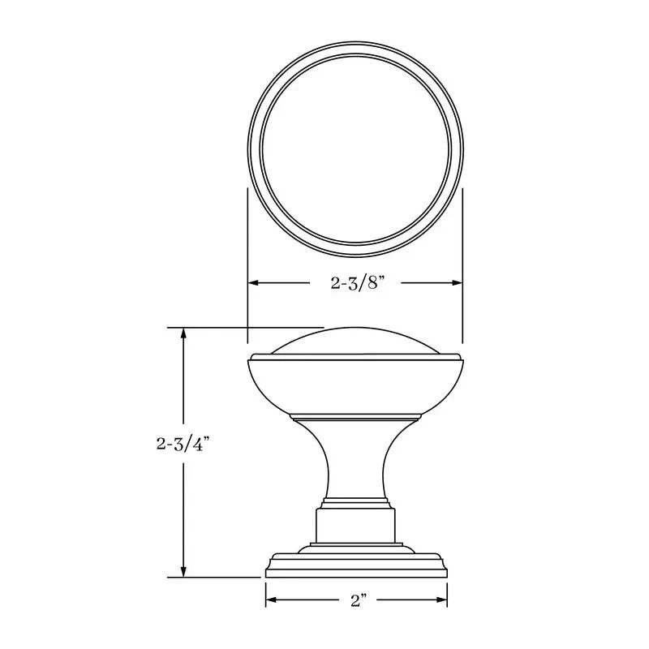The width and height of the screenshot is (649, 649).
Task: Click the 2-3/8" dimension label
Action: pos(355,283)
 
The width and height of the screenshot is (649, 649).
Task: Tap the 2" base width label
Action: pos(359,600)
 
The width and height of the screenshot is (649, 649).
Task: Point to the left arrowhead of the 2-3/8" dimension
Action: pos(253,283)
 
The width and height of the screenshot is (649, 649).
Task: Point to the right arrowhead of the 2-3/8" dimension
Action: pos(457,283)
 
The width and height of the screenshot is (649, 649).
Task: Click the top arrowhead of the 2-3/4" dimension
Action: pos(184,333)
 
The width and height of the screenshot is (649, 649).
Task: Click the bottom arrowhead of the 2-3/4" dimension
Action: pos(184,572)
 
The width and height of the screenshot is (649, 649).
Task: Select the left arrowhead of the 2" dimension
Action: pos(271,600)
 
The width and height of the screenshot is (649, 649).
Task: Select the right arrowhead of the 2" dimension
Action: pos(441,600)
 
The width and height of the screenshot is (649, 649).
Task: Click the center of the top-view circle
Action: pos(355,149)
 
